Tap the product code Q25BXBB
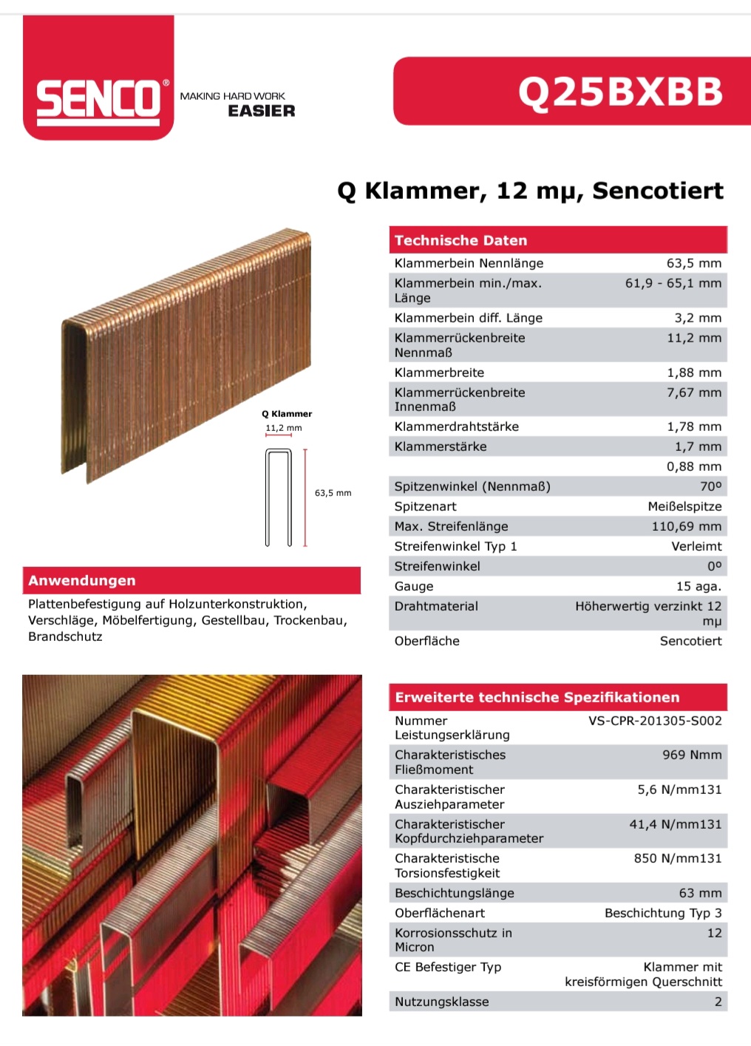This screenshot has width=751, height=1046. (620, 92)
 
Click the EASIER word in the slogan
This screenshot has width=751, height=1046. (261, 111)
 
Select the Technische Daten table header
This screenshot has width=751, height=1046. (461, 240)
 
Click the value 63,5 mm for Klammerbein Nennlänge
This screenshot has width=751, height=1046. (693, 263)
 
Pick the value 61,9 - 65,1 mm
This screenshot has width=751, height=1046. (673, 283)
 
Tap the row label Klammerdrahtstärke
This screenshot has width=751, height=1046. (456, 427)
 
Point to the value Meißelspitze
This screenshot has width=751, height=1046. (684, 506)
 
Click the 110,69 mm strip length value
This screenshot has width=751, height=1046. (686, 526)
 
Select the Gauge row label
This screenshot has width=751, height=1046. (414, 586)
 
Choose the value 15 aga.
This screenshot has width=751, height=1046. (699, 586)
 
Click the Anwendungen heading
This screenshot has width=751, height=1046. (82, 580)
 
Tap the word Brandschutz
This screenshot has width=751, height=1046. (65, 636)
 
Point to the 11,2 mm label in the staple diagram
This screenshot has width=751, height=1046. (283, 428)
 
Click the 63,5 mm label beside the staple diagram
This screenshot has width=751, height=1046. (333, 493)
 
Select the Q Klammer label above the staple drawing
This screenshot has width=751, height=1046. (287, 414)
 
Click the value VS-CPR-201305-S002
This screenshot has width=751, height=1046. (655, 721)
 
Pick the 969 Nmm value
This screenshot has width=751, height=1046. (692, 755)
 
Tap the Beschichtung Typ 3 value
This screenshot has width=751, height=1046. (663, 913)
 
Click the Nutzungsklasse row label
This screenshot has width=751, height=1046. (441, 1002)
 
